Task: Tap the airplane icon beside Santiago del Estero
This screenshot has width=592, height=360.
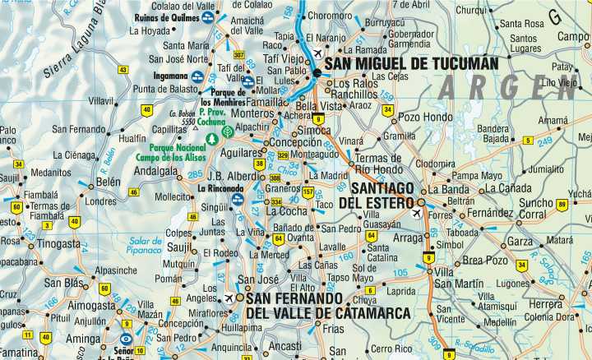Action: click(416, 213)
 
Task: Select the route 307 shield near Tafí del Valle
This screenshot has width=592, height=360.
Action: click(238, 54)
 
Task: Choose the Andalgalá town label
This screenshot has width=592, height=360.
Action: click(156, 172)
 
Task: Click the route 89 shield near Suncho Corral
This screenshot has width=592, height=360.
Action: click(562, 205)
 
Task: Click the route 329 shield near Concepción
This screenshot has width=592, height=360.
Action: click(283, 155)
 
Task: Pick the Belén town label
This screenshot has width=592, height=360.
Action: click(109, 182)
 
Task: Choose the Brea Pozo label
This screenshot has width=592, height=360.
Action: click(485, 260)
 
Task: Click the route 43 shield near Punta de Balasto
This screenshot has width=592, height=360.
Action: click(123, 70)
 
